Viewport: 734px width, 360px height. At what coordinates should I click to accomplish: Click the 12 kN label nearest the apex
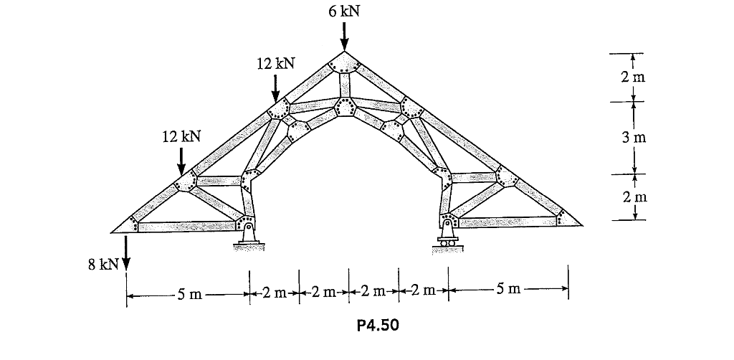click(x=275, y=64)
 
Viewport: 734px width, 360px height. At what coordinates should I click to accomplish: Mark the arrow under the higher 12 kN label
click(x=275, y=88)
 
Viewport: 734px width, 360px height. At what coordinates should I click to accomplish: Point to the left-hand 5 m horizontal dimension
click(x=188, y=293)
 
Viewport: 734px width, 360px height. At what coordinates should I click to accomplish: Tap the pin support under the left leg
click(x=247, y=236)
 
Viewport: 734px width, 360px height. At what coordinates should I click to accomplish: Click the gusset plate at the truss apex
click(x=344, y=63)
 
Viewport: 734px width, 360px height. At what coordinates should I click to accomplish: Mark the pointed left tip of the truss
click(x=115, y=232)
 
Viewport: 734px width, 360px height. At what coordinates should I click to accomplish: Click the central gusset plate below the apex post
click(x=345, y=106)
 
